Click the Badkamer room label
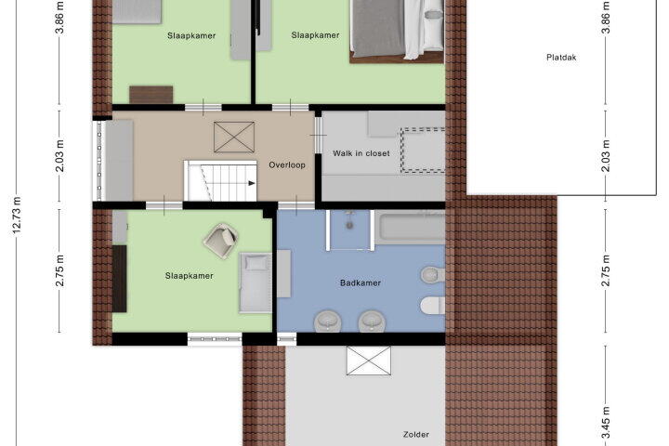[x=361, y=282]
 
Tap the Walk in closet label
[x=361, y=153]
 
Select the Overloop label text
[x=287, y=164]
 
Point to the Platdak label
[x=561, y=58]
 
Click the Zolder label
[x=416, y=435]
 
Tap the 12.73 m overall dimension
[x=17, y=216]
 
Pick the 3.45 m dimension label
[x=606, y=422]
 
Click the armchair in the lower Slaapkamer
[x=220, y=241]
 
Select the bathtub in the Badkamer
[x=410, y=227]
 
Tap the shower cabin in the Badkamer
[x=349, y=230]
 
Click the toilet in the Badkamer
[x=433, y=305]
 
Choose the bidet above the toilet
[x=433, y=274]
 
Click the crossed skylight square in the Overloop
[x=234, y=137]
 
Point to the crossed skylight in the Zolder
[x=369, y=361]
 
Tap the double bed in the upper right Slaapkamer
[x=397, y=31]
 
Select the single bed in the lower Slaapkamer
[x=256, y=282]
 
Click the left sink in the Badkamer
[x=328, y=321]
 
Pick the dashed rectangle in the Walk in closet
[x=423, y=151]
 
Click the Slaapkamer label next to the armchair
[x=189, y=276]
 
